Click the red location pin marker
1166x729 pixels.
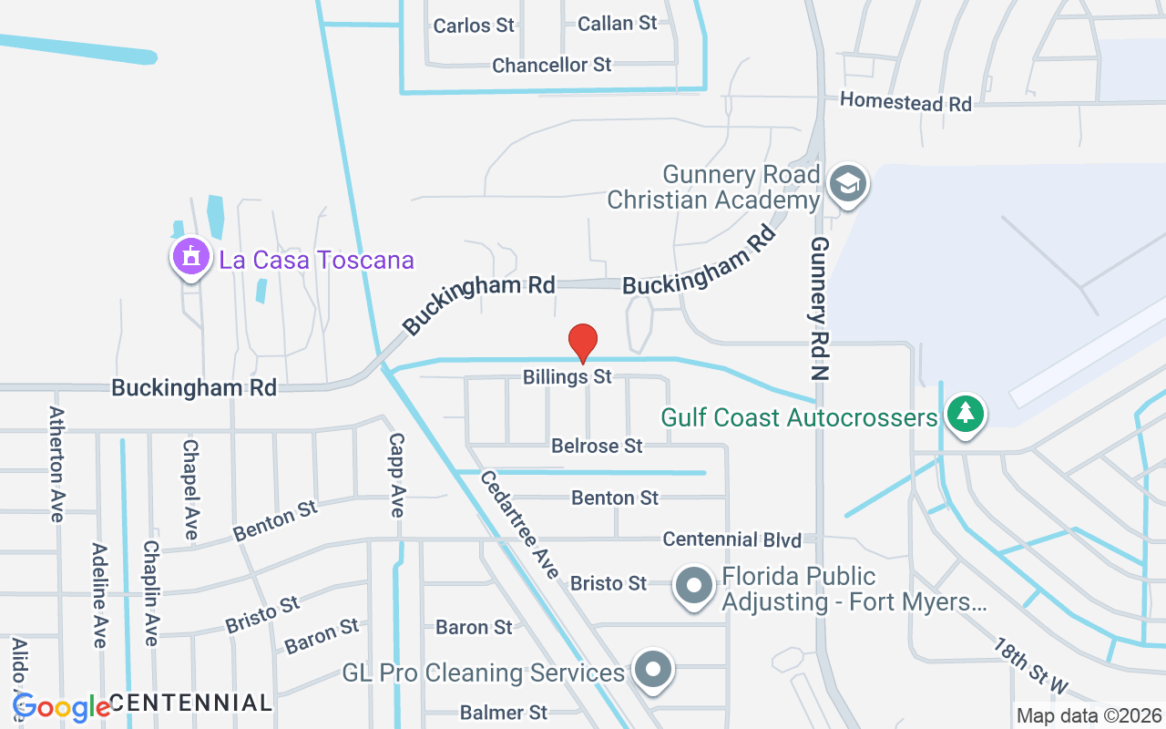(582, 344)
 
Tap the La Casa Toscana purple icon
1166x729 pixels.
(190, 256)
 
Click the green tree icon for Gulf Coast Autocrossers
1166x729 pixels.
(966, 414)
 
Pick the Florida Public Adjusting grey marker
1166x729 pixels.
(694, 586)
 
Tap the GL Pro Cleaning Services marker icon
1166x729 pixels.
(652, 671)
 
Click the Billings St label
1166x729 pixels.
(568, 376)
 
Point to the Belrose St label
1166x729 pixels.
(597, 446)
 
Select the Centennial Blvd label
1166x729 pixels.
(731, 539)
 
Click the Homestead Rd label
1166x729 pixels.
(905, 102)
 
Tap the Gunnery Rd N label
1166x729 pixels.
(821, 308)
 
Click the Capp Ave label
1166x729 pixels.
(396, 474)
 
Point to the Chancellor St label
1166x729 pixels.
(551, 66)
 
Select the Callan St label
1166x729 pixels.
(618, 24)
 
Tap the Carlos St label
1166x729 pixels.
(474, 26)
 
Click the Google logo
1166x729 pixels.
(61, 706)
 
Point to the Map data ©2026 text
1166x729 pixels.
(1089, 715)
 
